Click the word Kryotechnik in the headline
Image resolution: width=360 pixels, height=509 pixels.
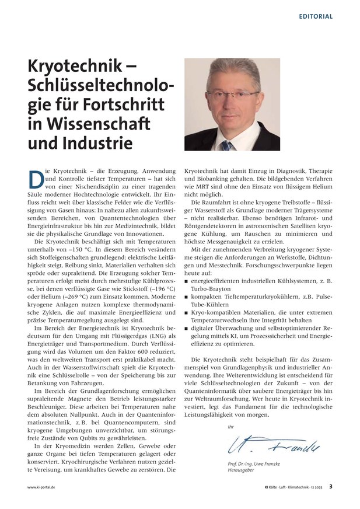click(69, 67)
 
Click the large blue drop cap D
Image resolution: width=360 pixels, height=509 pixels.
click(35, 178)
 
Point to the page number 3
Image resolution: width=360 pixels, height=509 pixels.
click(330, 486)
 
